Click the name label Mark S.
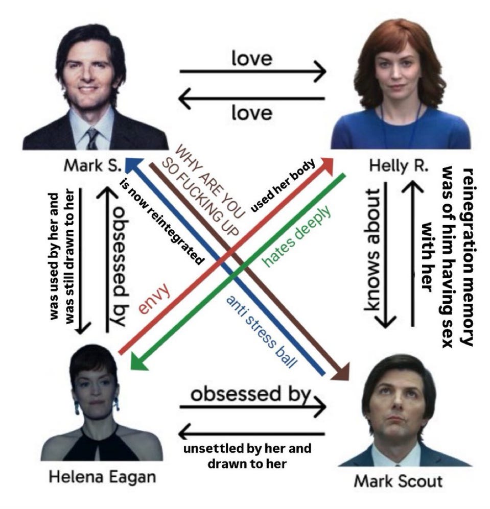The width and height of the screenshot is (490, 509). click(x=92, y=166)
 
